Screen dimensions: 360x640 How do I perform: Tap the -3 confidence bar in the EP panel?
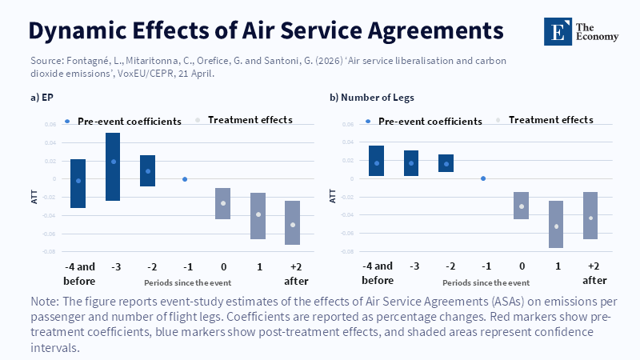point(113,166)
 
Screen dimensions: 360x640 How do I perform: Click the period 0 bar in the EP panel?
point(223,203)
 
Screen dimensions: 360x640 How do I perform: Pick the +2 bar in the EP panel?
point(292,222)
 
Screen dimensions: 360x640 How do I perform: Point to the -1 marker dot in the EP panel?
point(185,179)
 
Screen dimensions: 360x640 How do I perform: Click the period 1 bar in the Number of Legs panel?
point(555,224)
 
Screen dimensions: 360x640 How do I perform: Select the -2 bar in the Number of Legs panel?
point(446,163)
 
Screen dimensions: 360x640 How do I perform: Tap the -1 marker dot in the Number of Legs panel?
point(482,178)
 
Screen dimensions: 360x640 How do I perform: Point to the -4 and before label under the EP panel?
point(78,274)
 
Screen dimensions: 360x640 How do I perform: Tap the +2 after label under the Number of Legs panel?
point(594,274)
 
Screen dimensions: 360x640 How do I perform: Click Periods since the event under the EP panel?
point(185,283)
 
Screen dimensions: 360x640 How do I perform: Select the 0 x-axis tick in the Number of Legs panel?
point(521,266)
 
